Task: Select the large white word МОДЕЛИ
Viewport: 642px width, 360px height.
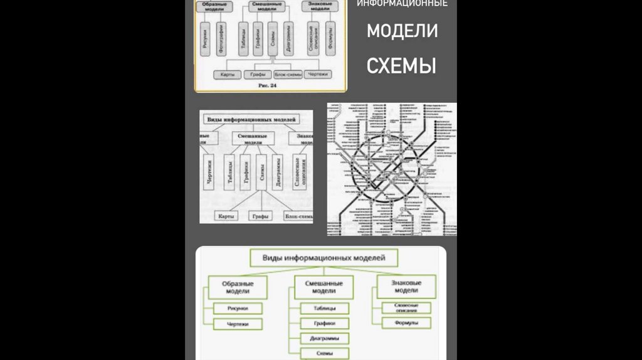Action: coord(402,31)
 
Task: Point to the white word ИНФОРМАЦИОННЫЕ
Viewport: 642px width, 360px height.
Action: coord(402,4)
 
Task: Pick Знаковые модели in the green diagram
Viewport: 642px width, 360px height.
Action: coord(406,287)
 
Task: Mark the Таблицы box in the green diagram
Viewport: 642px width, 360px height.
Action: coord(324,309)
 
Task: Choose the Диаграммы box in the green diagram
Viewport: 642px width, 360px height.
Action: coord(324,339)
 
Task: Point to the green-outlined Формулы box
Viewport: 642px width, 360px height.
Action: coord(406,324)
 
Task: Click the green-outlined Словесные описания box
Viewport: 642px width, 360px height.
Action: coord(406,307)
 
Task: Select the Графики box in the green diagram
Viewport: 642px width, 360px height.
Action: coord(324,324)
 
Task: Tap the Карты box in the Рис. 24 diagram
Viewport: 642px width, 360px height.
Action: coord(227,74)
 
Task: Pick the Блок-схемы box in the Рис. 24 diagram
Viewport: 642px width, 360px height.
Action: coord(287,74)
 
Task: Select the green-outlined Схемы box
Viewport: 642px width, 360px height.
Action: coord(324,354)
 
